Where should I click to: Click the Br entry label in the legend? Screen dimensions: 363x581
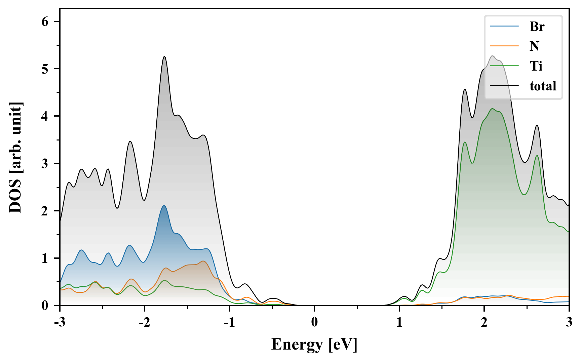[x=537, y=26]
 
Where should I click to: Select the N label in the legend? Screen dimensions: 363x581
[x=534, y=46]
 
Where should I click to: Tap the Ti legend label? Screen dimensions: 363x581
[x=536, y=66]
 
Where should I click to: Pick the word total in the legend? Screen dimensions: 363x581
[x=543, y=86]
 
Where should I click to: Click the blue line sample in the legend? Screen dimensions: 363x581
[x=504, y=26]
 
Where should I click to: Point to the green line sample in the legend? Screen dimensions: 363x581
[x=504, y=66]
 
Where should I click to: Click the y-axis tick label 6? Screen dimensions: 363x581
[x=45, y=22]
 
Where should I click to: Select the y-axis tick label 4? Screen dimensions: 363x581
[x=45, y=116]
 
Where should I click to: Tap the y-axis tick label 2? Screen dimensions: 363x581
[x=45, y=211]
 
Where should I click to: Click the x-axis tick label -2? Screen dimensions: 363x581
[x=145, y=322]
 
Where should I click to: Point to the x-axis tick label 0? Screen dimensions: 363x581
[x=314, y=322]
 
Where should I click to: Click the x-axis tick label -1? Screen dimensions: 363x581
[x=229, y=322]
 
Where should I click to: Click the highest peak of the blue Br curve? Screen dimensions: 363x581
[x=164, y=205]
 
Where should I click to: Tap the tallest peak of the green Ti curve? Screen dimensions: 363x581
[x=493, y=109]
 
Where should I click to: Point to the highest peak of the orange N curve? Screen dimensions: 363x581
[x=203, y=261]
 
